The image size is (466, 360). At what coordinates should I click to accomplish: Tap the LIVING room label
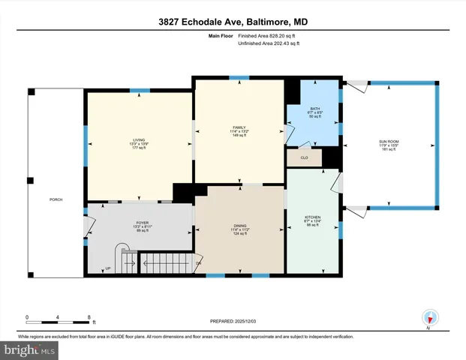(138, 139)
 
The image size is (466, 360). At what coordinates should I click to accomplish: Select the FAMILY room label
(239, 127)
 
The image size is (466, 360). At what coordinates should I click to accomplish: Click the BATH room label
(313, 109)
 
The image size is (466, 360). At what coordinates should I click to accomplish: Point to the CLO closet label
(304, 158)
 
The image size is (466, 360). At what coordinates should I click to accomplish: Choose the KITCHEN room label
(313, 215)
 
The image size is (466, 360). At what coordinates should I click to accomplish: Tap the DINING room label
(240, 226)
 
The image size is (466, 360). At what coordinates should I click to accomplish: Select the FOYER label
(142, 223)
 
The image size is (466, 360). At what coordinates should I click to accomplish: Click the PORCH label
(56, 199)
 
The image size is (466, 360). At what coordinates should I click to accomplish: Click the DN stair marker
(198, 263)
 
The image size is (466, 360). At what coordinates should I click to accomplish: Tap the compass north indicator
(429, 318)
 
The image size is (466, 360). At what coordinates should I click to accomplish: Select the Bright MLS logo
(30, 349)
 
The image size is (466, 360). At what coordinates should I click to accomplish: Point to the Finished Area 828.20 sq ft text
(268, 35)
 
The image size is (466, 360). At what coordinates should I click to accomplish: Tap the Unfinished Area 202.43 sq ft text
(268, 43)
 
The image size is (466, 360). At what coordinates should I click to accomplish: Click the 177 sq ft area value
(138, 148)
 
